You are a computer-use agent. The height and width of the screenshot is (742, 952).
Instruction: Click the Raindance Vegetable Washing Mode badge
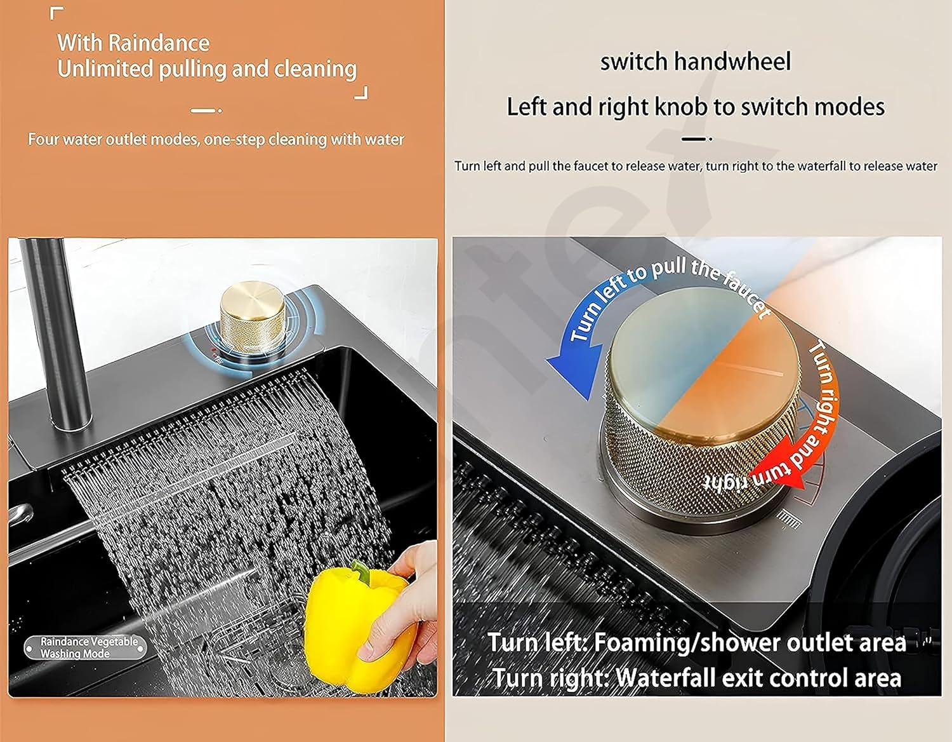tap(86, 647)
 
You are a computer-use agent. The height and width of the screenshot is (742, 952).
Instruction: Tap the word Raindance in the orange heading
tap(159, 43)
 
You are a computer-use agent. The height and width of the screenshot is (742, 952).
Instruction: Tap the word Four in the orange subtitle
tap(43, 139)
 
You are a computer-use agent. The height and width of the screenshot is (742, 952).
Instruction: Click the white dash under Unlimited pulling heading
tap(203, 111)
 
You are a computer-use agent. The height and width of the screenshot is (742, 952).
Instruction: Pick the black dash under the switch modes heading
tap(693, 138)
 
